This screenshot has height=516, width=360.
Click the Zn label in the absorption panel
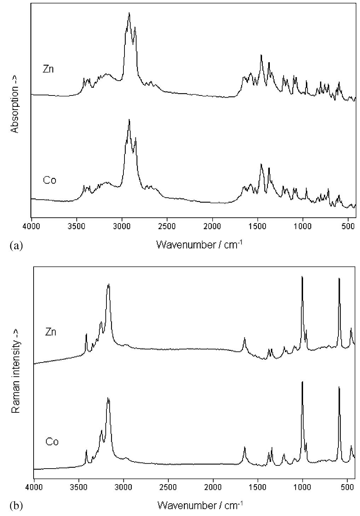click(48, 69)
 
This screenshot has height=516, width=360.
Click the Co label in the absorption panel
click(50, 180)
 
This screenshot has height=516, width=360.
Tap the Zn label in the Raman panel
click(51, 332)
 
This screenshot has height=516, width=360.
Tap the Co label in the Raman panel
click(52, 442)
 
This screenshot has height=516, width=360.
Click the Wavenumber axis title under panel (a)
click(199, 244)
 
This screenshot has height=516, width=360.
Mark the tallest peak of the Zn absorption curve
click(129, 13)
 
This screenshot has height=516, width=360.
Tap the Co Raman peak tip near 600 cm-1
click(339, 387)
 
